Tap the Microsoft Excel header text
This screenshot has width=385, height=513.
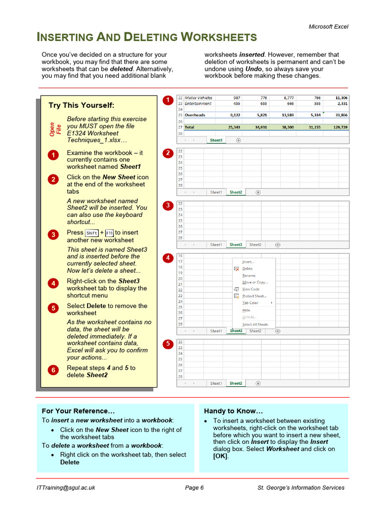[328, 27]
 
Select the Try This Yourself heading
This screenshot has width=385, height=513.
[81, 105]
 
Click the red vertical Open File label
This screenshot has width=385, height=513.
[55, 130]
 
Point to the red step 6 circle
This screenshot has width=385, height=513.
[53, 370]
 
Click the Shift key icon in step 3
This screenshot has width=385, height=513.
[92, 233]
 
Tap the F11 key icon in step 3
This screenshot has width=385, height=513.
[109, 233]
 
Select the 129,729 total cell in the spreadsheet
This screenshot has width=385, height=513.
[338, 127]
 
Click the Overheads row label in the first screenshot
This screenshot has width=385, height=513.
[196, 115]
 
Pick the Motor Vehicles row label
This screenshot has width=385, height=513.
[199, 98]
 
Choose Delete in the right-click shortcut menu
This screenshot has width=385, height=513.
[247, 269]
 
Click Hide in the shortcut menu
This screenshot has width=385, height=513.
[246, 310]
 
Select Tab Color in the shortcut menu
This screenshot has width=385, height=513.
[250, 303]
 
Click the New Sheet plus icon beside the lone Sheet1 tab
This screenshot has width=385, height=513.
[238, 140]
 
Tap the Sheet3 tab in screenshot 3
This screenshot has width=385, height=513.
[235, 245]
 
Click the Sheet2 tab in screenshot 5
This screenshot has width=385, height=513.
[236, 383]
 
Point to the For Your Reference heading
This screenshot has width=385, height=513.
[75, 411]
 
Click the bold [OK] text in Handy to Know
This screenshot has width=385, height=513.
[220, 456]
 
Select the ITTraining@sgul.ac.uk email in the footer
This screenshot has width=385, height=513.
[66, 487]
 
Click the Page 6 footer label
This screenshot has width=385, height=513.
[194, 487]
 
